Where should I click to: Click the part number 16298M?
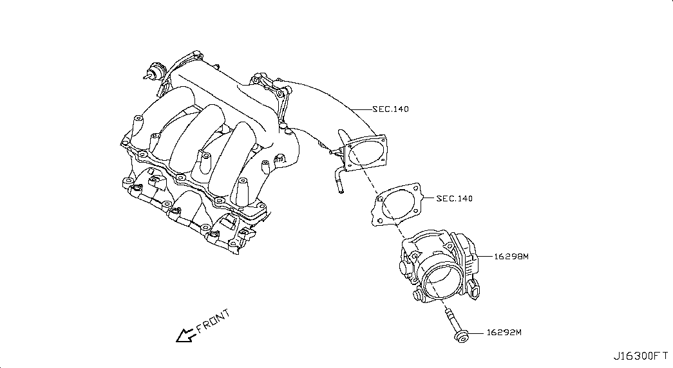(x=511, y=257)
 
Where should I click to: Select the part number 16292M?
(x=504, y=333)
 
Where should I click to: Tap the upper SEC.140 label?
(x=390, y=109)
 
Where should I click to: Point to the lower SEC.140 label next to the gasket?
(x=455, y=198)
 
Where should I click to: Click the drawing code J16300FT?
(x=640, y=356)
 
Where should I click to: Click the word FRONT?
(x=213, y=321)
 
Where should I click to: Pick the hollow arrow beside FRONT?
(x=185, y=335)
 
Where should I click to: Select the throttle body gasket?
(x=397, y=204)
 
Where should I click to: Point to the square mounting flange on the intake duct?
(x=365, y=152)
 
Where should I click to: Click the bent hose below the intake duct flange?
(x=338, y=179)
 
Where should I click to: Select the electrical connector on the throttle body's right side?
(x=475, y=290)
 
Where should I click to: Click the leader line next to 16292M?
(x=477, y=333)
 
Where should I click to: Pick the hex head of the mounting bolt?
(x=462, y=336)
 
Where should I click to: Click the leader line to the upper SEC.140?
(x=361, y=109)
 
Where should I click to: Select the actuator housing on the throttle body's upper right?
(x=466, y=253)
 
